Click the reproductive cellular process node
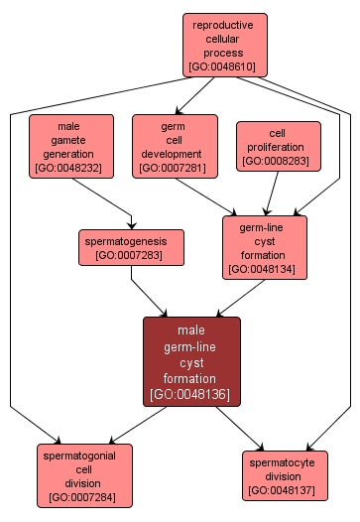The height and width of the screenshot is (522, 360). point(224,46)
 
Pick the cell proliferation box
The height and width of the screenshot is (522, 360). point(278,146)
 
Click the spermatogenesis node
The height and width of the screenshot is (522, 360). point(131,247)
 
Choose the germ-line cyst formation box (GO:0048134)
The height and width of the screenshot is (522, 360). point(265,247)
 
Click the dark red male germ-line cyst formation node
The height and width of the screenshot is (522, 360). point(191,361)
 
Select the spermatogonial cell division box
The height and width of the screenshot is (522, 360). point(84,472)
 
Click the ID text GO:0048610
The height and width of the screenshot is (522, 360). point(224,68)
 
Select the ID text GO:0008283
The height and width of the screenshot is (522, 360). point(278,160)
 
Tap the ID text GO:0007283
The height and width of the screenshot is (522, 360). point(131,255)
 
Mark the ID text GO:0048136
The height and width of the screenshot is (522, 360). point(191,394)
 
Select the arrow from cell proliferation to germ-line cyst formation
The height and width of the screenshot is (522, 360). point(270,193)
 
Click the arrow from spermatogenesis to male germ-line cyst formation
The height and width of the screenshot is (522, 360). point(151,291)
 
